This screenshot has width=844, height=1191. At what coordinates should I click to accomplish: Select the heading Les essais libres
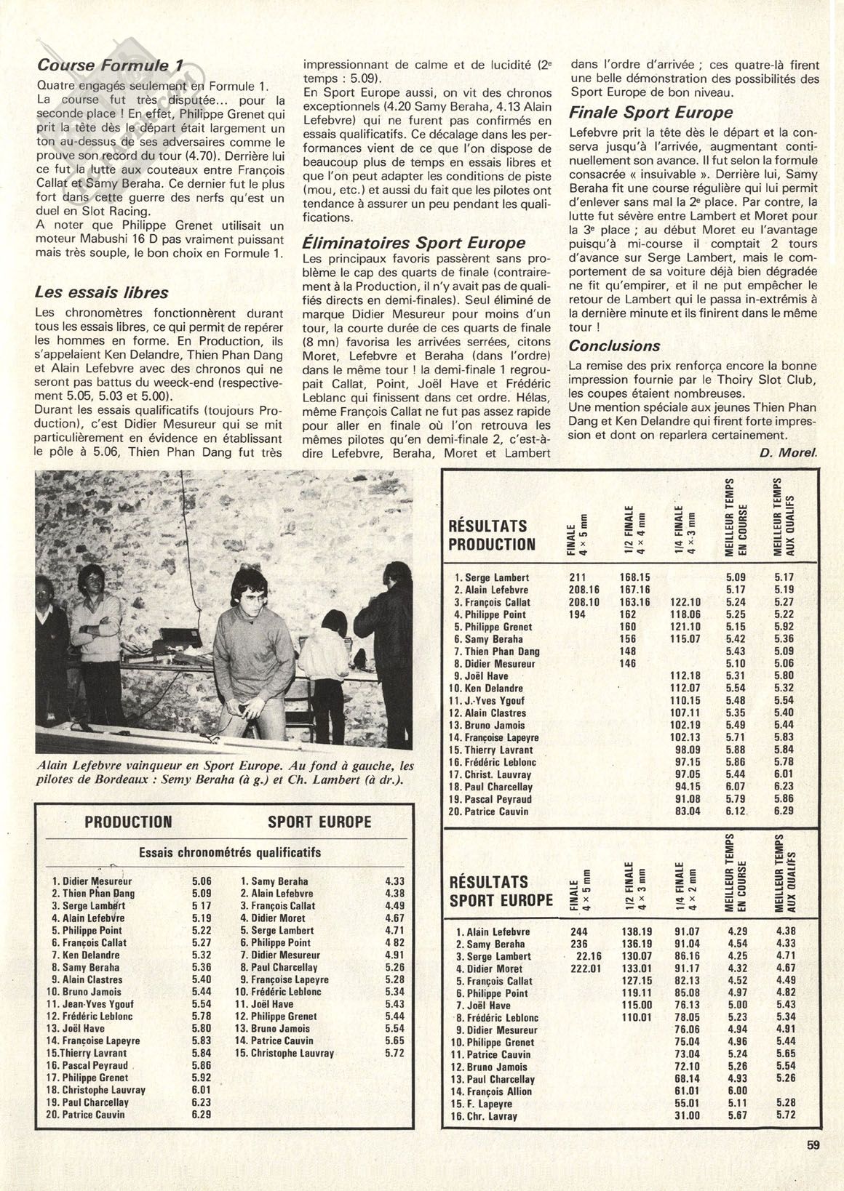(101, 292)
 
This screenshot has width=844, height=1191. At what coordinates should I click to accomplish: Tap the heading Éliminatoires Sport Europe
(413, 242)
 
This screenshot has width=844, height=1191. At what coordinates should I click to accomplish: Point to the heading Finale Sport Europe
(650, 113)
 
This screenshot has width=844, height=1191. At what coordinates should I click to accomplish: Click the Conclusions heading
(615, 346)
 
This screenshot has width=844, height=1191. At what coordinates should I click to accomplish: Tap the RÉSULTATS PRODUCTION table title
(492, 534)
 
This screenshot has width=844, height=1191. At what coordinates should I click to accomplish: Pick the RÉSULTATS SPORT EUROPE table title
(501, 891)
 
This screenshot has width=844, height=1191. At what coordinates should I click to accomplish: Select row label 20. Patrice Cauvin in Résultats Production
(490, 811)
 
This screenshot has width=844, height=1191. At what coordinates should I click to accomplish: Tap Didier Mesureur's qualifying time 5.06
(202, 881)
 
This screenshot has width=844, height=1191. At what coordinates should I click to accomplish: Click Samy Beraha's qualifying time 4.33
(394, 881)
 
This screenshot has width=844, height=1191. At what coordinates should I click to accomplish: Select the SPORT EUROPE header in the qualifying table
(319, 822)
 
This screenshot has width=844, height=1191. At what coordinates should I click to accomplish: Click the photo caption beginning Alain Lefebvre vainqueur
(224, 773)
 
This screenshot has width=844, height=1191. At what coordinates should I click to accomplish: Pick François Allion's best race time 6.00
(736, 1091)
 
